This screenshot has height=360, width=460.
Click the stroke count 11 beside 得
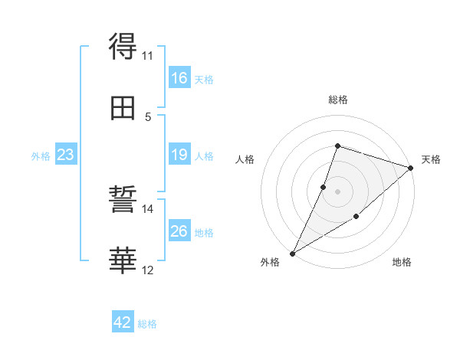click(148, 55)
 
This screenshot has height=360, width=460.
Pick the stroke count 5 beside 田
click(148, 116)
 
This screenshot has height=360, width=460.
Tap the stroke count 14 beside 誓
click(148, 208)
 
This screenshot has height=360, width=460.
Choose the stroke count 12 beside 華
click(148, 270)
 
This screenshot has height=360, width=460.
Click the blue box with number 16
click(179, 78)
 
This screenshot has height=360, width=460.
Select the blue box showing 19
click(179, 155)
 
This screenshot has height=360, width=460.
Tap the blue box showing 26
click(179, 231)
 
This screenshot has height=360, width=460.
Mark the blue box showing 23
click(65, 155)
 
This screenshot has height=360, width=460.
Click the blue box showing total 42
click(123, 322)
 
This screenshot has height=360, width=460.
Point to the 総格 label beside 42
click(147, 324)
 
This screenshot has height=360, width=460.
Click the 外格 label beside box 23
click(41, 156)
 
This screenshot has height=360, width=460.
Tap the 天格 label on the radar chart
click(431, 159)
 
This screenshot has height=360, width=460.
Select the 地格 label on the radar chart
click(402, 263)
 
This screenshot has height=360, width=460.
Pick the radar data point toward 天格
click(411, 168)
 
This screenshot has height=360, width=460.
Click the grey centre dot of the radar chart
click(337, 191)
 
